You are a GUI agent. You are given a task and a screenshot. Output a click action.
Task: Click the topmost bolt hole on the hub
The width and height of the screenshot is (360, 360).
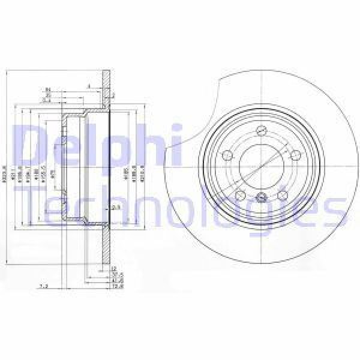262,131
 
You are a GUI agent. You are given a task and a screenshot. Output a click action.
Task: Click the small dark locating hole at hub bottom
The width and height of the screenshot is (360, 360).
262,199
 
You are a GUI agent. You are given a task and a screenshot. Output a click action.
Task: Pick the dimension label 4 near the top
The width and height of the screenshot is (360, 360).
88,86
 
